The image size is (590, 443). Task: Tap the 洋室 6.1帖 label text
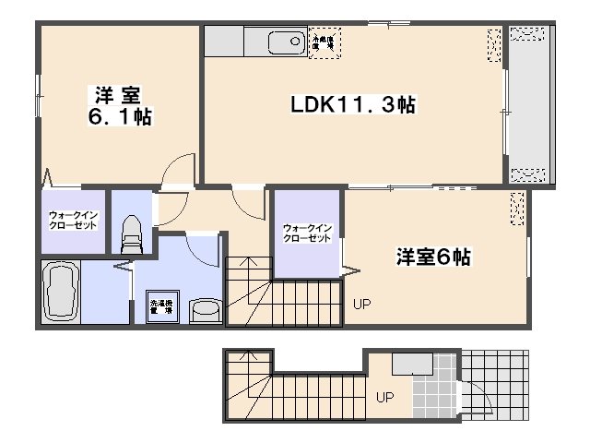(120, 105)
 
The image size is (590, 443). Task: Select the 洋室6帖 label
(433, 257)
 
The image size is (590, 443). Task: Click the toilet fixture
(130, 233)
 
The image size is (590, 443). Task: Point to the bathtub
(60, 292)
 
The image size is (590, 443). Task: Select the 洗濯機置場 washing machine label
(161, 307)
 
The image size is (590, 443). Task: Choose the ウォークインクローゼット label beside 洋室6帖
(307, 233)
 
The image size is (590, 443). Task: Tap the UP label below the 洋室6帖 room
(360, 303)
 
